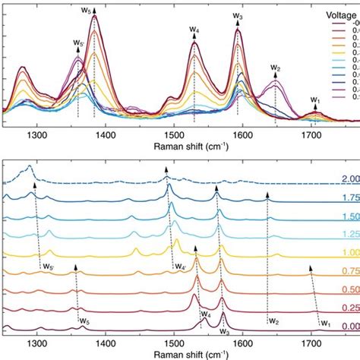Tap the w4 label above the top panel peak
point(194,30)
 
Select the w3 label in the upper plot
point(238,16)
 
